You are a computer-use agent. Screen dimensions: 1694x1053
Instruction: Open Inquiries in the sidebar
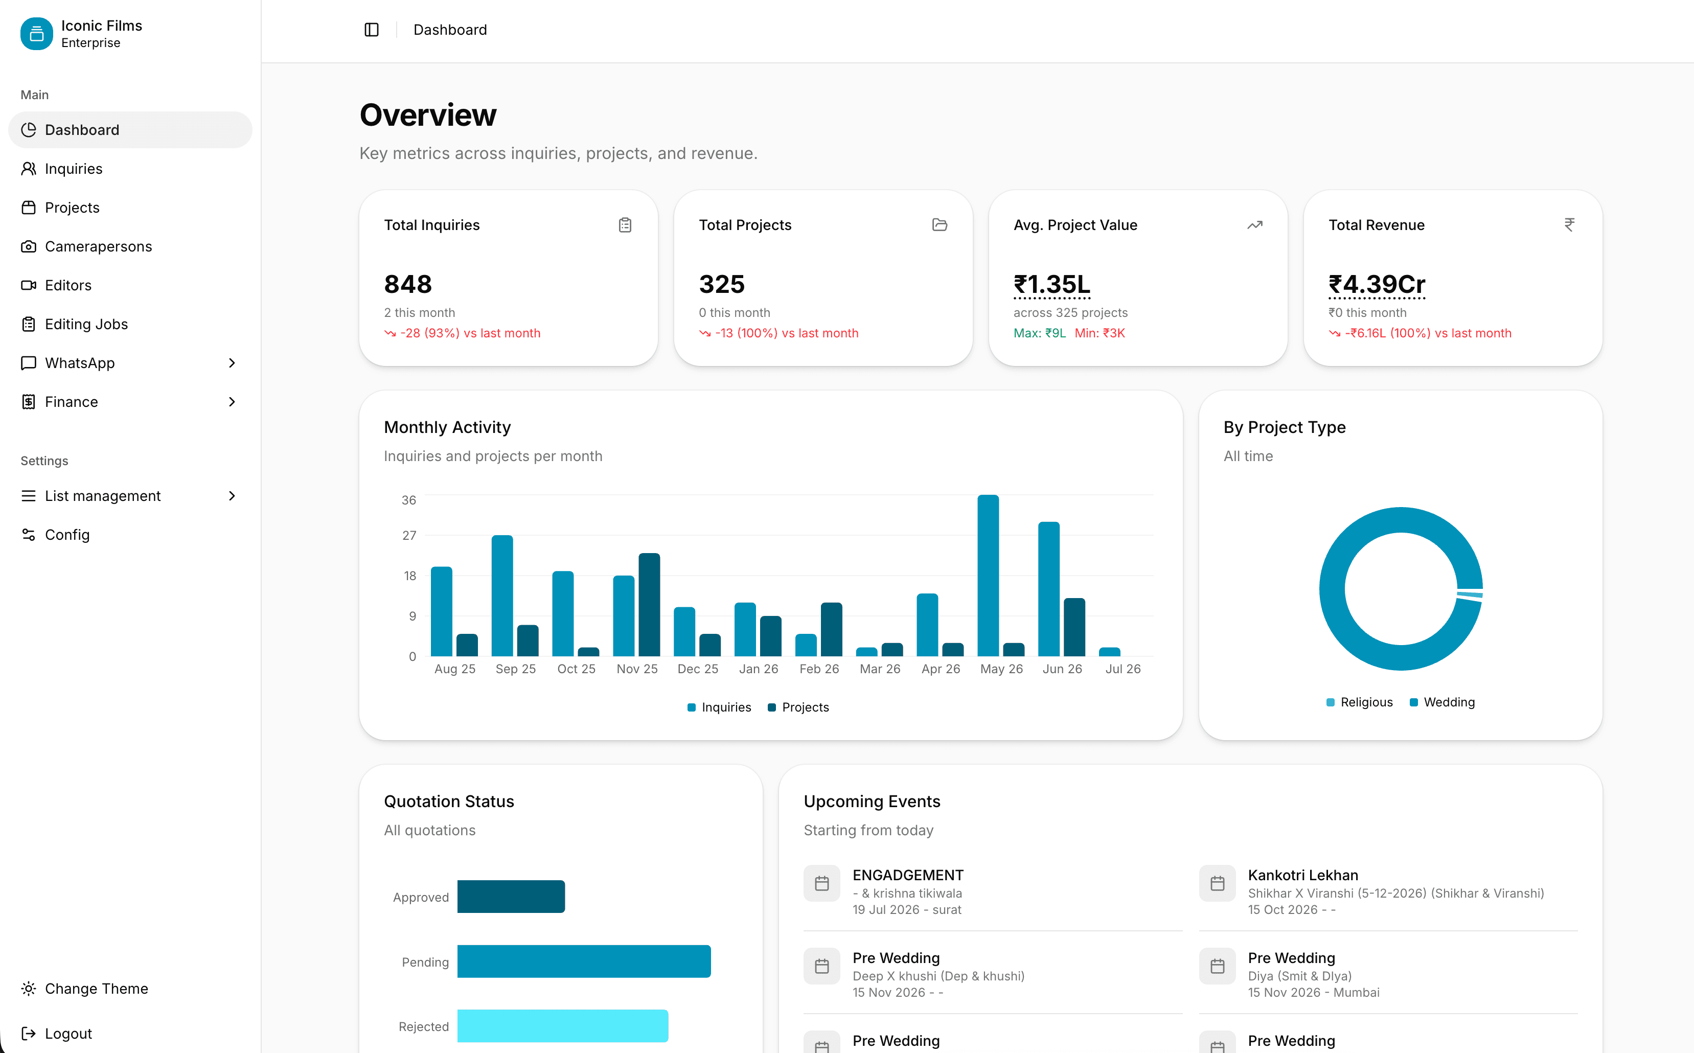73,169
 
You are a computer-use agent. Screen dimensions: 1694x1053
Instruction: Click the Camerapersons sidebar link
98,246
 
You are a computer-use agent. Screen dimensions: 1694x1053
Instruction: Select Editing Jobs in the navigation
86,324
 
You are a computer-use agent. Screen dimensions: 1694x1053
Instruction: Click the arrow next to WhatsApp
232,363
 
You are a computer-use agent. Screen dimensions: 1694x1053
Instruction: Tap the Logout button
68,1034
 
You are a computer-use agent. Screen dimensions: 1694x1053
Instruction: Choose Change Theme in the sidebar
96,989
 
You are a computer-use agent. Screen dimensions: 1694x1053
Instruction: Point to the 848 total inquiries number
408,284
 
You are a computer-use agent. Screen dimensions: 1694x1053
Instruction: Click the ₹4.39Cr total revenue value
1377,284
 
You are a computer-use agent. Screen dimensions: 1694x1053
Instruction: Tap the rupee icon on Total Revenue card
1569,225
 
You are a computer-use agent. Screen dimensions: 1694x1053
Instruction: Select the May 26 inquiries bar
988,575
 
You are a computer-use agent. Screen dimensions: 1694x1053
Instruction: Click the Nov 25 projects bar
649,605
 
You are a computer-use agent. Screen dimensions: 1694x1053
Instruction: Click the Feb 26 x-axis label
819,669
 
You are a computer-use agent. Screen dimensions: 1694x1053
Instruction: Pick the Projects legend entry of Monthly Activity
798,707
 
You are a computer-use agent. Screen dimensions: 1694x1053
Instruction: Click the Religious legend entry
1359,702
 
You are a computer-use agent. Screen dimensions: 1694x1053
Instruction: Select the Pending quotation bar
583,961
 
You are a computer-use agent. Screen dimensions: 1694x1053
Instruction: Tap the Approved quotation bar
511,896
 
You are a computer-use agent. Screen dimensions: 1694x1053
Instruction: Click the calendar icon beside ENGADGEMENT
821,884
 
